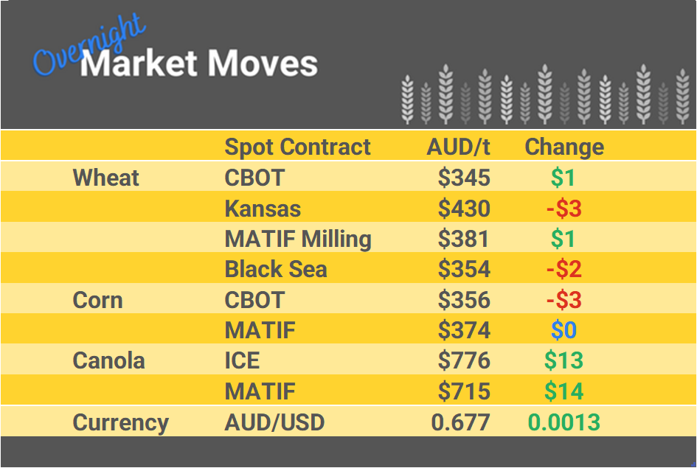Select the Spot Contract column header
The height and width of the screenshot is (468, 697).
(297, 147)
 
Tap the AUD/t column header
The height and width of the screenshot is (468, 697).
(458, 147)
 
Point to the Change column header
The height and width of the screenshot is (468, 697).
(564, 147)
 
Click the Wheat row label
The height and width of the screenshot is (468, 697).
(106, 178)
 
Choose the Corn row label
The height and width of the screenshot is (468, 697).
(97, 300)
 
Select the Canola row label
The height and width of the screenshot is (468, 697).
(108, 361)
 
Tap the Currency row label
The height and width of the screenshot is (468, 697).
(120, 422)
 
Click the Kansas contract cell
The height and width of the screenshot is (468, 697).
(263, 209)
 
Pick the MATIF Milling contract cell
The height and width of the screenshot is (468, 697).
(298, 239)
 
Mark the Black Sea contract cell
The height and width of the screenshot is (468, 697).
(276, 270)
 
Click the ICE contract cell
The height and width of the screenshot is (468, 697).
(242, 361)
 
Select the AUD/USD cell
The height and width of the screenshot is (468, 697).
(274, 422)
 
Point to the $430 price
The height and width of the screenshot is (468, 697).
(464, 209)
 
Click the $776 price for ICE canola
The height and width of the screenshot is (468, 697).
(464, 361)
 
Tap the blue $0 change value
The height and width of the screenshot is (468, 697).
(564, 330)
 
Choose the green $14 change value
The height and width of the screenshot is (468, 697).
(564, 391)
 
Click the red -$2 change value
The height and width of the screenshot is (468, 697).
(564, 270)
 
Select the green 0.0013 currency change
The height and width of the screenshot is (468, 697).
(564, 422)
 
